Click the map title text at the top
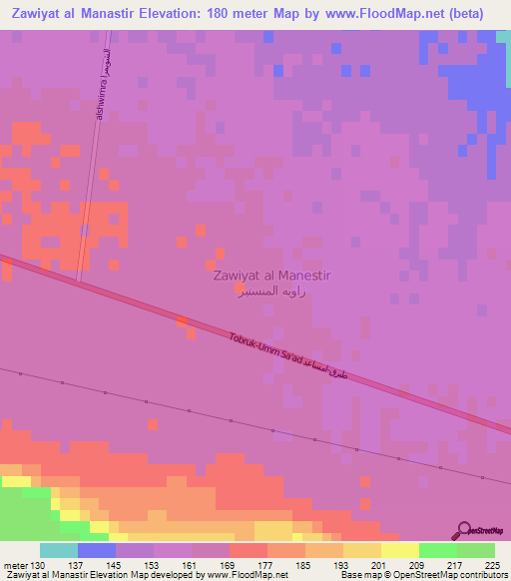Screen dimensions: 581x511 tap(255, 13)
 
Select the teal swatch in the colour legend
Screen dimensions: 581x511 tap(59, 550)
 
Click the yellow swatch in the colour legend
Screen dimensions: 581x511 tap(399, 550)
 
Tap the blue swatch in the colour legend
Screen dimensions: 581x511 tap(97, 550)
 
